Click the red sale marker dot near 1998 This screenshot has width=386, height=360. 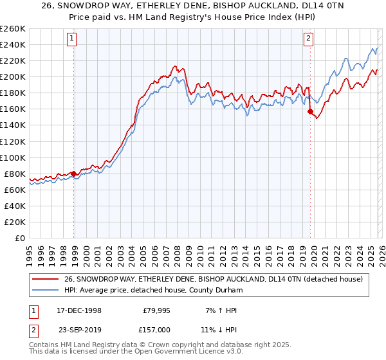coord(74,174)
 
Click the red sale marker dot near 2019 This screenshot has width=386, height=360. coord(310,111)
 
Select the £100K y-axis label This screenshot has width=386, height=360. coord(12,157)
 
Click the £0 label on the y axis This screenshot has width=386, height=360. coord(21,238)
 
